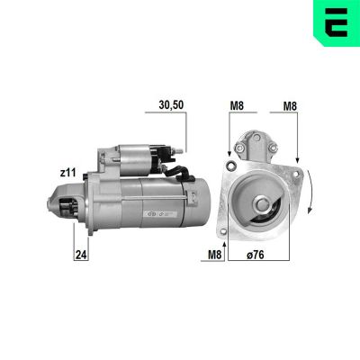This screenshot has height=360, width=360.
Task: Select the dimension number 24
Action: click(80, 254)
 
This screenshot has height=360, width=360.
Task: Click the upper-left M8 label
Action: click(237, 104)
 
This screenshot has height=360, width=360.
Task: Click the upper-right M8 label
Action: click(290, 104)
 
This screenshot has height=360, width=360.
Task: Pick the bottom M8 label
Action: click(213, 254)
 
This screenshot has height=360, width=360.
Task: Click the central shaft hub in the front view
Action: click(262, 206)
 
